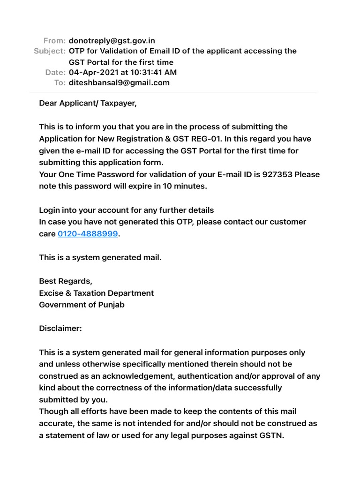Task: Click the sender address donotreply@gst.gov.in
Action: pos(112,40)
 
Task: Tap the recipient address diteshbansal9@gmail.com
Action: pos(119,82)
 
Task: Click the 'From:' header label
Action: pos(54,40)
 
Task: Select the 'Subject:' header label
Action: pos(50,51)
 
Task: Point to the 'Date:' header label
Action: pos(55,72)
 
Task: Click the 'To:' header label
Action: pos(60,82)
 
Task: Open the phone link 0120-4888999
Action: pos(88,233)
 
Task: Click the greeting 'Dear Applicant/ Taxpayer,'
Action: pos(88,103)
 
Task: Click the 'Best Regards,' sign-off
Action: pos(66,281)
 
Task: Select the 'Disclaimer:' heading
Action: pos(60,329)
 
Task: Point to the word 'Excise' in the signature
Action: pos(52,293)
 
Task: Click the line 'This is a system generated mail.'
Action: pos(100,257)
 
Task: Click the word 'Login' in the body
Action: pos(50,210)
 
